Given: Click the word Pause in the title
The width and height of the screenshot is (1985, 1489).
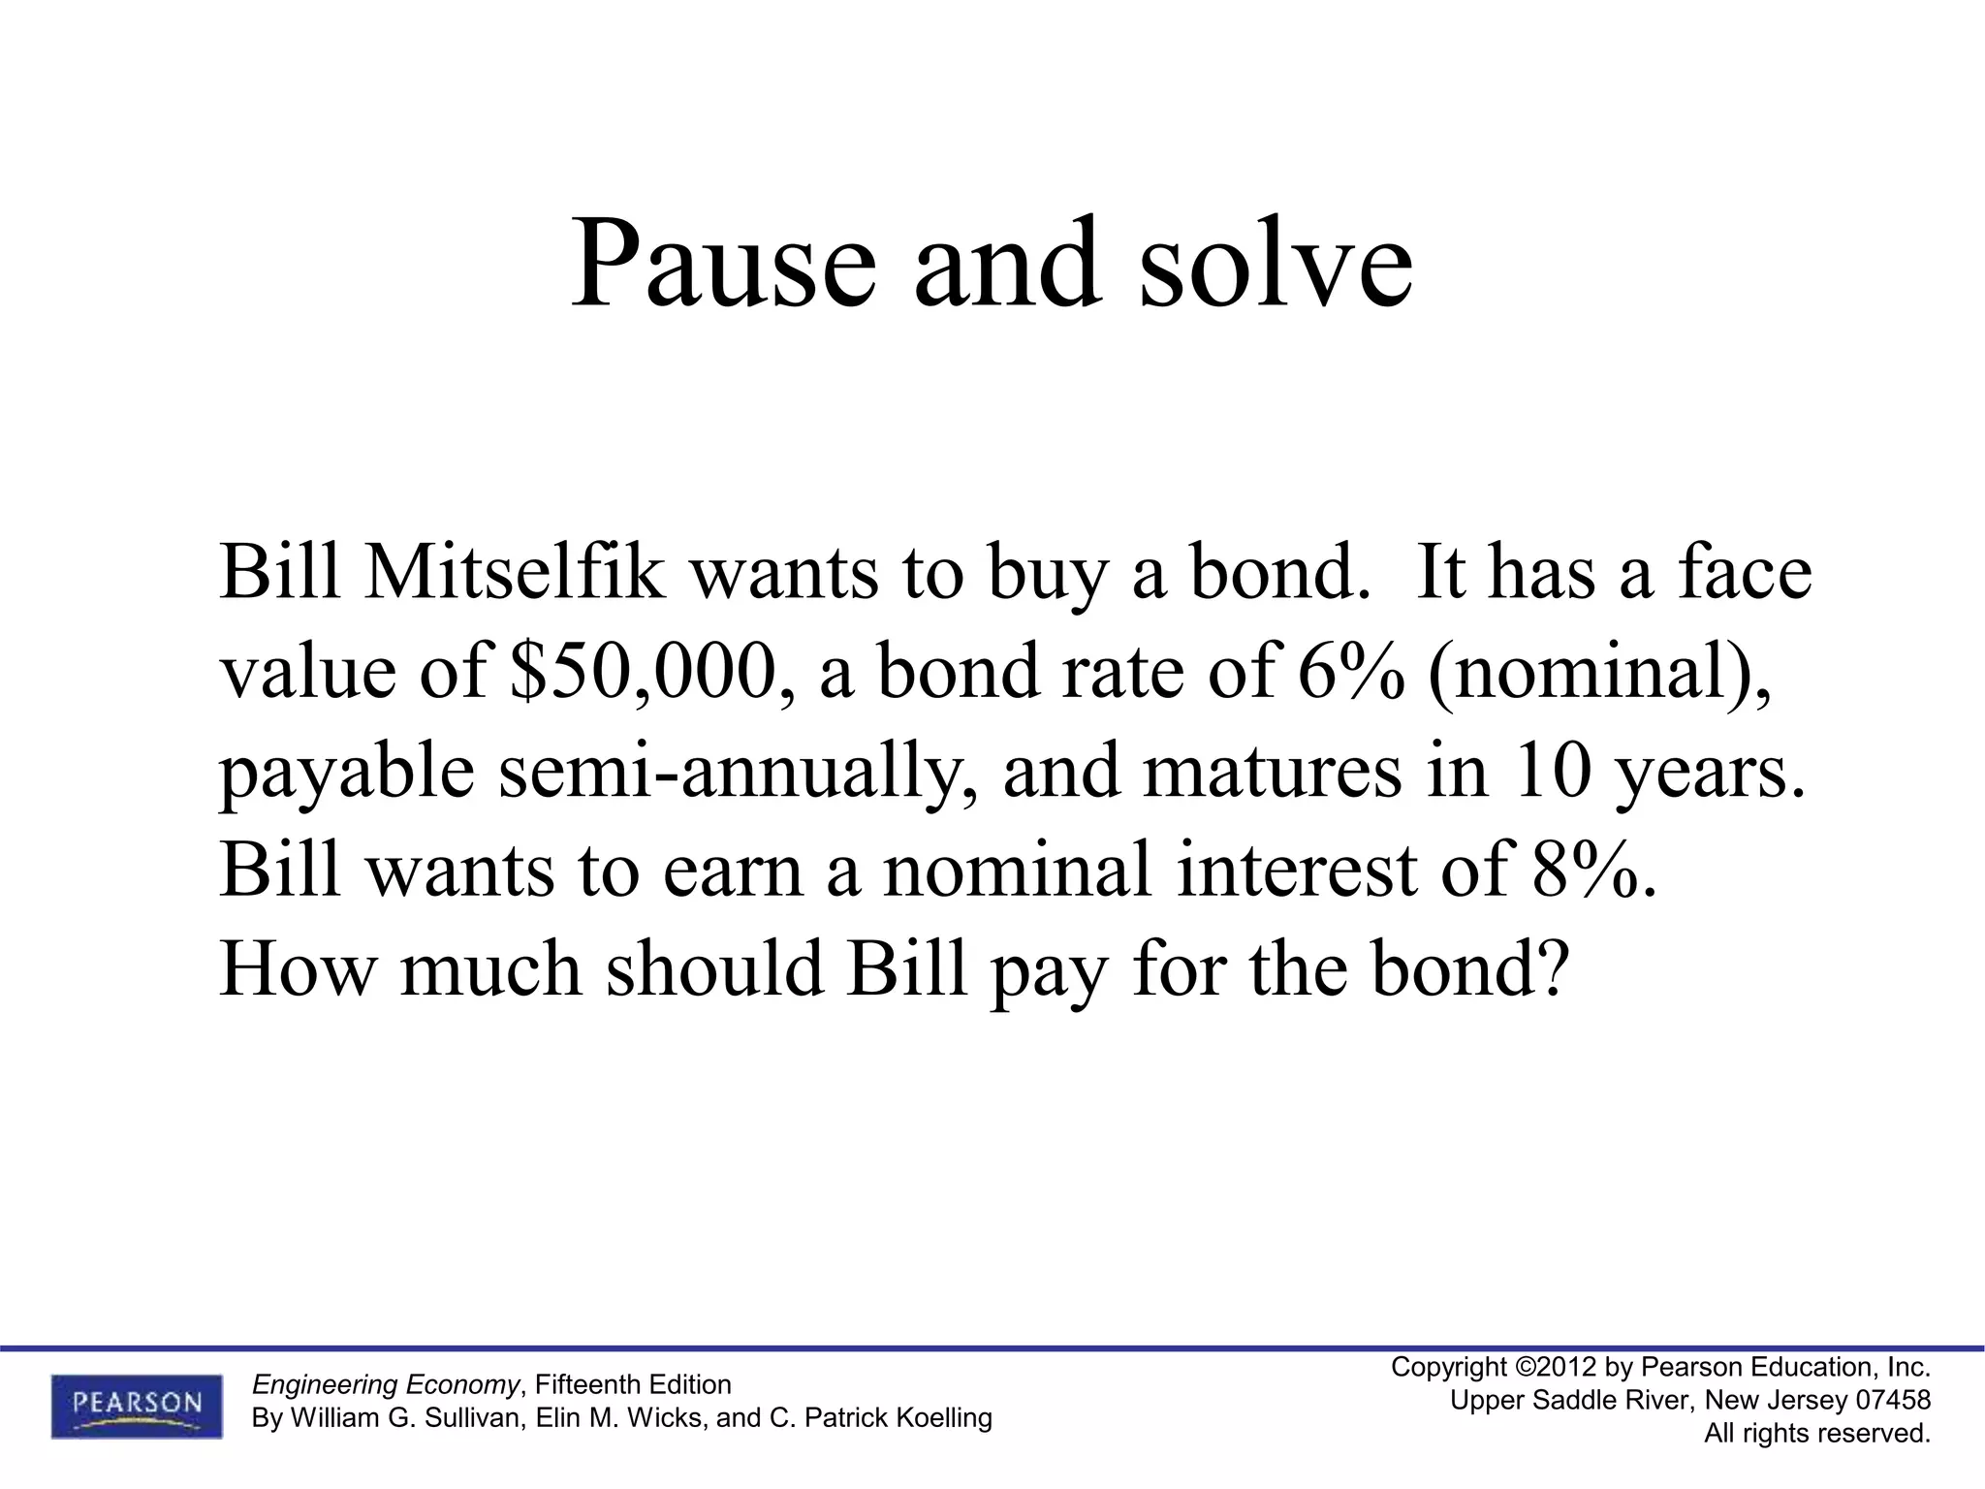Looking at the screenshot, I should point(723,264).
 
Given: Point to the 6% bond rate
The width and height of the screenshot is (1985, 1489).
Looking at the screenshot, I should point(1350,672).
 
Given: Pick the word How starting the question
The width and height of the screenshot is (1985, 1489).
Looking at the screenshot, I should point(296,969).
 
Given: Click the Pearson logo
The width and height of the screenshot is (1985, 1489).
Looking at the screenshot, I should point(137,1405).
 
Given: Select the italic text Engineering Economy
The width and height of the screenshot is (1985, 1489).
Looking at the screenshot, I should point(385,1384).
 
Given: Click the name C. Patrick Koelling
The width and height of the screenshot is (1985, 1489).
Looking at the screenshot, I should point(880,1418).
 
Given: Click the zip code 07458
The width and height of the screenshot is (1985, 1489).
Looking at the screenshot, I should point(1892,1401).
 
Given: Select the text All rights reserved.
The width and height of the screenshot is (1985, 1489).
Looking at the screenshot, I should point(1817,1434).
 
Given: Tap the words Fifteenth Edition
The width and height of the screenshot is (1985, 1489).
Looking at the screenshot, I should point(632,1384).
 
